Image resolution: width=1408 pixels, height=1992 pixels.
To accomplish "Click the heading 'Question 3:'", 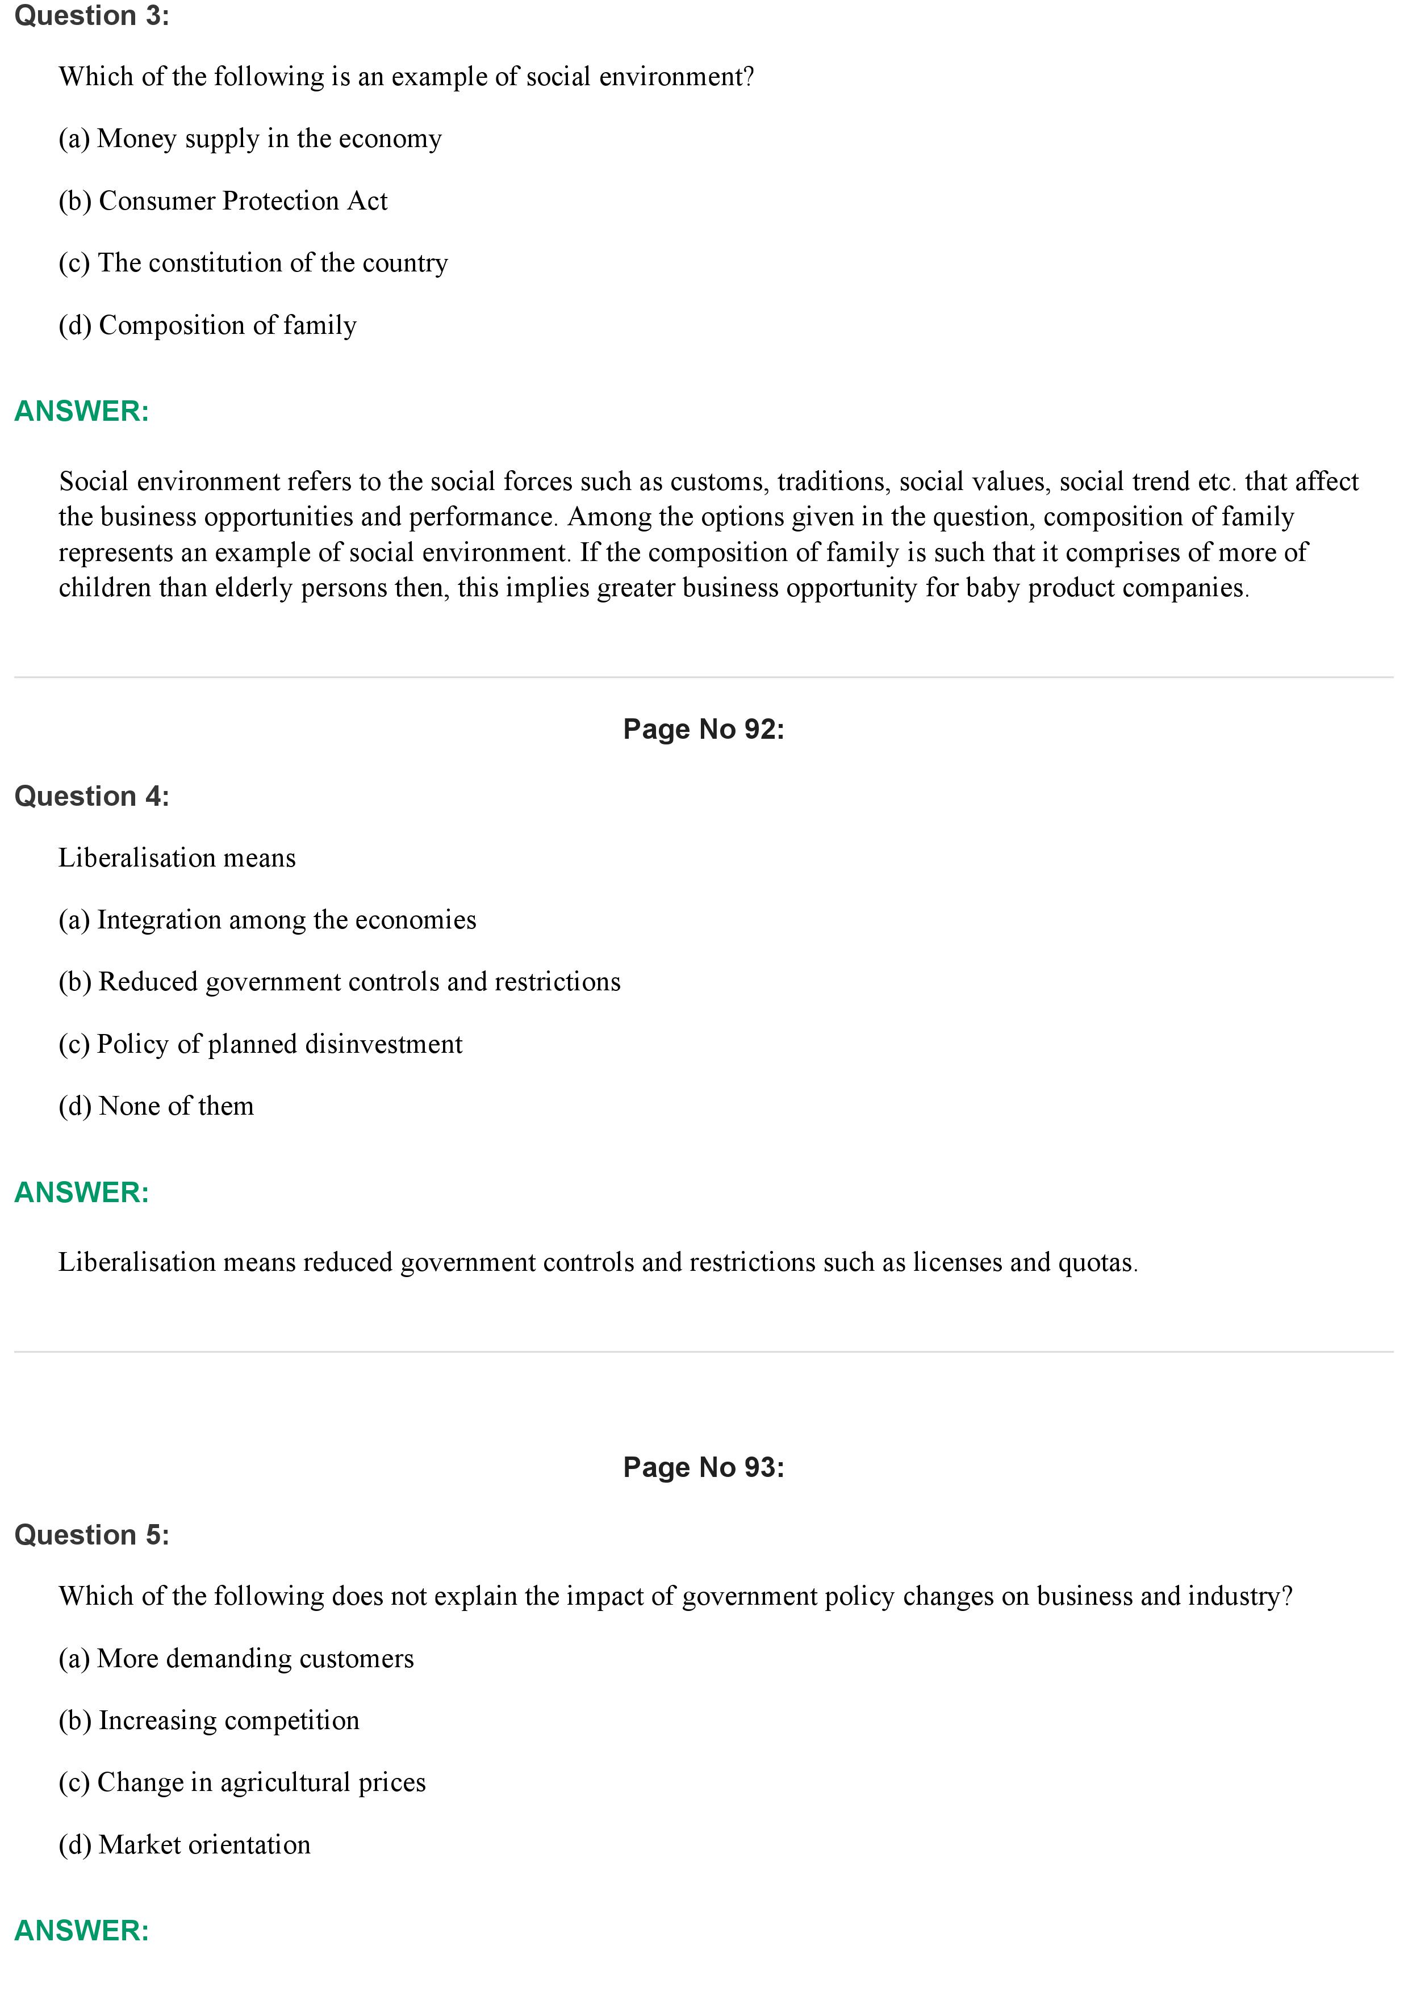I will click(91, 16).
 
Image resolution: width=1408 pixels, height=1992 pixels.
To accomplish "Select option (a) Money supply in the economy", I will click(250, 139).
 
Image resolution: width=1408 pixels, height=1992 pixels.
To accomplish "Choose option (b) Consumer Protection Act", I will click(223, 201).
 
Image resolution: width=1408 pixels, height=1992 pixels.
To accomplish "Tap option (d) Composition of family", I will click(207, 325).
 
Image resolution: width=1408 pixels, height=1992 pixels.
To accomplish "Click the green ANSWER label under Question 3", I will click(82, 411).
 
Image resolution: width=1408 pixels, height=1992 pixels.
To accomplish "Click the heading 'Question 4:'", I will click(91, 797).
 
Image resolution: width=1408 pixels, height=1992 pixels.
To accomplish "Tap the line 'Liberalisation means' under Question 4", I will click(177, 858).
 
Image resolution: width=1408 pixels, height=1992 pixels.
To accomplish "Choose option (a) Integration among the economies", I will click(267, 920).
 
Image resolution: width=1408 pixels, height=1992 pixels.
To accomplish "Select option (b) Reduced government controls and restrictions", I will click(339, 982).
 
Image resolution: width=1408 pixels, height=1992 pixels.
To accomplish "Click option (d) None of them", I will click(156, 1106).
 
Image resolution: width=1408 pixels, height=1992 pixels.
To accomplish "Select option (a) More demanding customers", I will click(236, 1659).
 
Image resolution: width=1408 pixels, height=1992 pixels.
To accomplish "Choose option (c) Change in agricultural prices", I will click(242, 1783).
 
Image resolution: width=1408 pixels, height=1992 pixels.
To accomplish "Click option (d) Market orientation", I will click(184, 1845).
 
